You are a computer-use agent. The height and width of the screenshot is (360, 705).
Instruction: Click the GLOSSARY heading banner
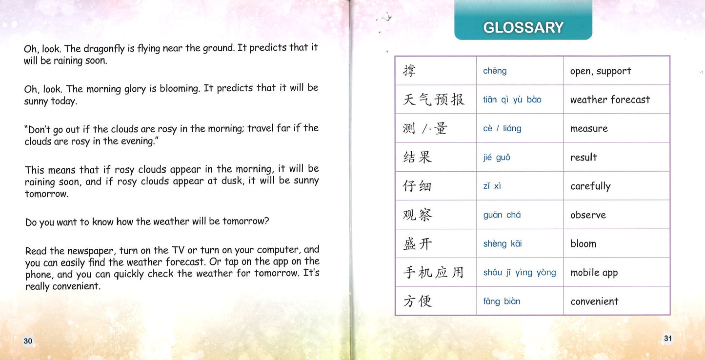coord(523,27)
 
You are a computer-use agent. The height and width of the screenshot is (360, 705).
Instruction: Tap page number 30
coord(28,341)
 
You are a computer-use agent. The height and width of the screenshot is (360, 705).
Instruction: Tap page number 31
coord(668,338)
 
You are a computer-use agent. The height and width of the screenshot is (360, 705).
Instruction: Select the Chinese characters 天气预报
coord(433,100)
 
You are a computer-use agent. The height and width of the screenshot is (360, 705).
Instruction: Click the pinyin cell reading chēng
coord(495,71)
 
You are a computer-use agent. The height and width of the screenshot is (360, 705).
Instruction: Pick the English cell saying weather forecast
coord(610,100)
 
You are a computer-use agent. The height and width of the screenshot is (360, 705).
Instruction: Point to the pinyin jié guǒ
coord(497,158)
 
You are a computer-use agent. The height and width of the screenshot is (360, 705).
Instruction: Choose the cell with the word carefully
coord(590,186)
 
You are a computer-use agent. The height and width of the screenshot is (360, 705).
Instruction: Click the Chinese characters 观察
coord(418,215)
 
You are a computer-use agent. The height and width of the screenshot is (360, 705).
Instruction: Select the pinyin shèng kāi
coord(503,244)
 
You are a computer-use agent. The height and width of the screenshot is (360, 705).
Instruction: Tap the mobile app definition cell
coord(594,273)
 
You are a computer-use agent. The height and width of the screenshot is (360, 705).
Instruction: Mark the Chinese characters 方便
coord(418,301)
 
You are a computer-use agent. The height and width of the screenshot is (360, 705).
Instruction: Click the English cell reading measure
coord(589,129)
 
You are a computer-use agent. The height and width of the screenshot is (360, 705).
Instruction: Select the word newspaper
coord(91,251)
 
